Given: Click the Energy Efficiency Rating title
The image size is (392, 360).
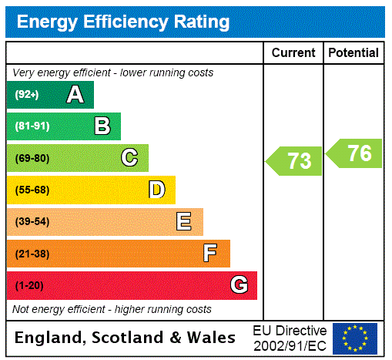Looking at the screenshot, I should pos(123,22).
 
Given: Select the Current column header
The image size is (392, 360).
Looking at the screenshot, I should pos(293,52).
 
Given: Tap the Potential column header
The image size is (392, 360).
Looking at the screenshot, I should pos(353,52).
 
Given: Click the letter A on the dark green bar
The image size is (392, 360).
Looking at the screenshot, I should pos(75,95).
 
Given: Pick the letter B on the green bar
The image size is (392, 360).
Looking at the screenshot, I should pos(102,126).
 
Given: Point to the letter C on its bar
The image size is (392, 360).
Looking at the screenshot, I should pos(129,158).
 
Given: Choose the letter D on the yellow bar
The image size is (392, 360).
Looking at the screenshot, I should pos(156,190).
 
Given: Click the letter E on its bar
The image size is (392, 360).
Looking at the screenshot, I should pos(184,222).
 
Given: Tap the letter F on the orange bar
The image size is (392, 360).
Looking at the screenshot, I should pos(210,254).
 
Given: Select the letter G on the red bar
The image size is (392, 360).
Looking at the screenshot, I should pos(239,285).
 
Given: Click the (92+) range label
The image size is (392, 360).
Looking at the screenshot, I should pos(27,95).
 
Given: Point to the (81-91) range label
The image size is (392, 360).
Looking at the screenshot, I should pos(32,126).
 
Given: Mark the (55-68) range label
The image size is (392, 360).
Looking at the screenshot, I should pos(32,190).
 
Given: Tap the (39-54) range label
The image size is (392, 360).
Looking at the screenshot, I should pos(32,222).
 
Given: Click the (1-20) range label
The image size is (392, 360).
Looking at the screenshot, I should pos(29,286).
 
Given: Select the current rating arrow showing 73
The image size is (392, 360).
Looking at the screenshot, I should pos(295,161).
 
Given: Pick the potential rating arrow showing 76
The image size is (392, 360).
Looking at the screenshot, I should pos(355,153).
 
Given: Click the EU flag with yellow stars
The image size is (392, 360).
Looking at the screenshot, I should pos(355,338).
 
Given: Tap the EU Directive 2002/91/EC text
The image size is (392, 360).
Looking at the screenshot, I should pos(290,338).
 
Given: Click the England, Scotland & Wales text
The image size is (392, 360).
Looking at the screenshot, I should pos(126,338).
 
